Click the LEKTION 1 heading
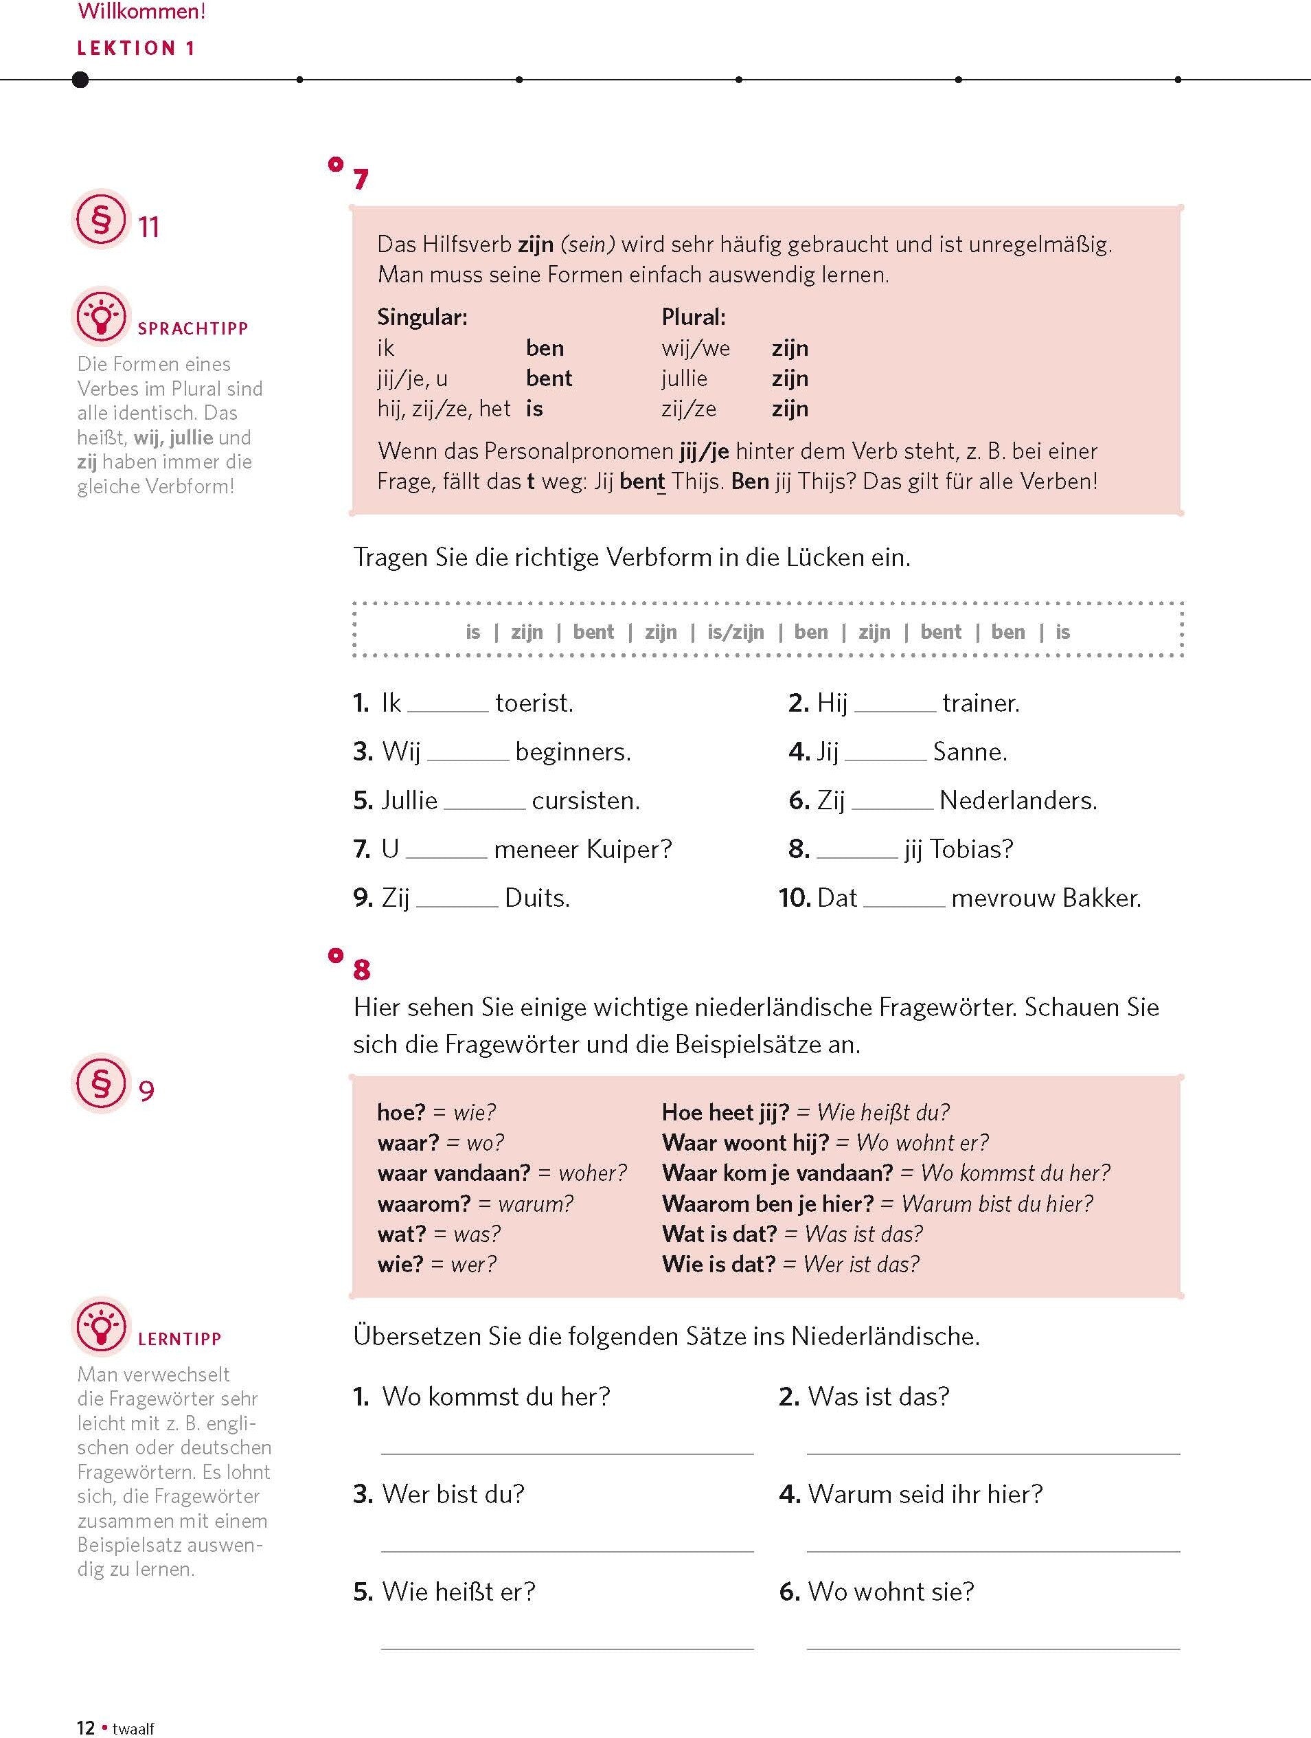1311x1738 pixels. tap(135, 48)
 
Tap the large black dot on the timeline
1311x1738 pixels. tap(80, 80)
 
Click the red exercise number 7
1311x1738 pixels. tap(361, 180)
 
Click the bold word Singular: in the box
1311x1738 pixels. tap(422, 317)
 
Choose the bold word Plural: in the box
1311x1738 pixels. tap(693, 317)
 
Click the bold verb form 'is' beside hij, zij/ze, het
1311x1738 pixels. tap(534, 409)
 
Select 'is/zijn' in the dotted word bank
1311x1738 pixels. tap(736, 632)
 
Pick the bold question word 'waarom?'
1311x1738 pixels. tap(424, 1204)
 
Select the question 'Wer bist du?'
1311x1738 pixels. tap(453, 1493)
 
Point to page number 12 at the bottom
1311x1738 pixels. tap(86, 1727)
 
